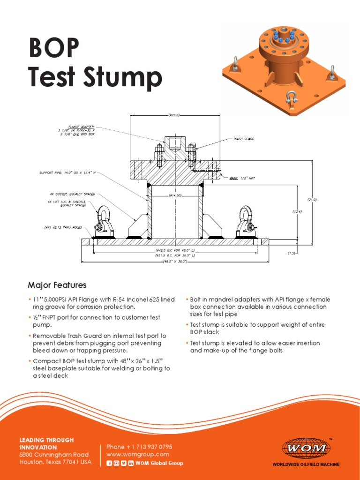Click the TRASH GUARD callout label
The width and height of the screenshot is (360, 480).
click(x=244, y=139)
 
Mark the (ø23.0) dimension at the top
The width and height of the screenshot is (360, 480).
click(x=174, y=115)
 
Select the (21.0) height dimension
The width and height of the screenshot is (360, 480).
click(x=312, y=200)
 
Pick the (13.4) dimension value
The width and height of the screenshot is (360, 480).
click(x=297, y=212)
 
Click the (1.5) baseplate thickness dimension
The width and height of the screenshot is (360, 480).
click(x=292, y=253)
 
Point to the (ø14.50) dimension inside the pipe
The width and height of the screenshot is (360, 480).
click(x=174, y=195)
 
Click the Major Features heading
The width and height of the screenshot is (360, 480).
click(x=57, y=285)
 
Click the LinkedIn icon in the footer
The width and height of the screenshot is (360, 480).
click(x=131, y=463)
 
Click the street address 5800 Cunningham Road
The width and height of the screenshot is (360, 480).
click(x=54, y=455)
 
